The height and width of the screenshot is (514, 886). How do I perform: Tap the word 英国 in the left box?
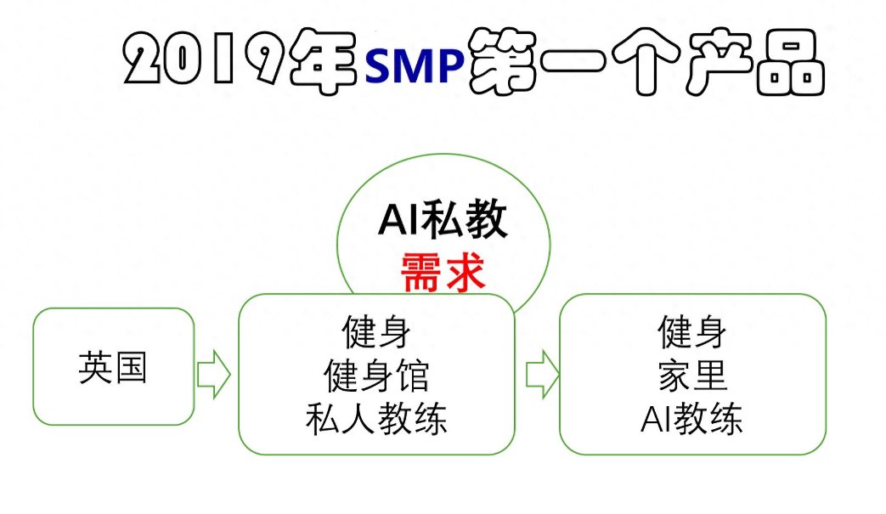tap(113, 368)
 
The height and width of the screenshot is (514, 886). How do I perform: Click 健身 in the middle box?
tap(376, 332)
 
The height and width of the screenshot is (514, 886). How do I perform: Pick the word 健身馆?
tap(376, 376)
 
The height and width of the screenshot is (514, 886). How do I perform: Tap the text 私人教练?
tap(376, 419)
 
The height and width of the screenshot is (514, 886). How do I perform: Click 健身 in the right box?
tap(692, 332)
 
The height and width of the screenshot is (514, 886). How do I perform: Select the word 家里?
tap(692, 376)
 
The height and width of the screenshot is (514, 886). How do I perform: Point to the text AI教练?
tap(692, 419)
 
